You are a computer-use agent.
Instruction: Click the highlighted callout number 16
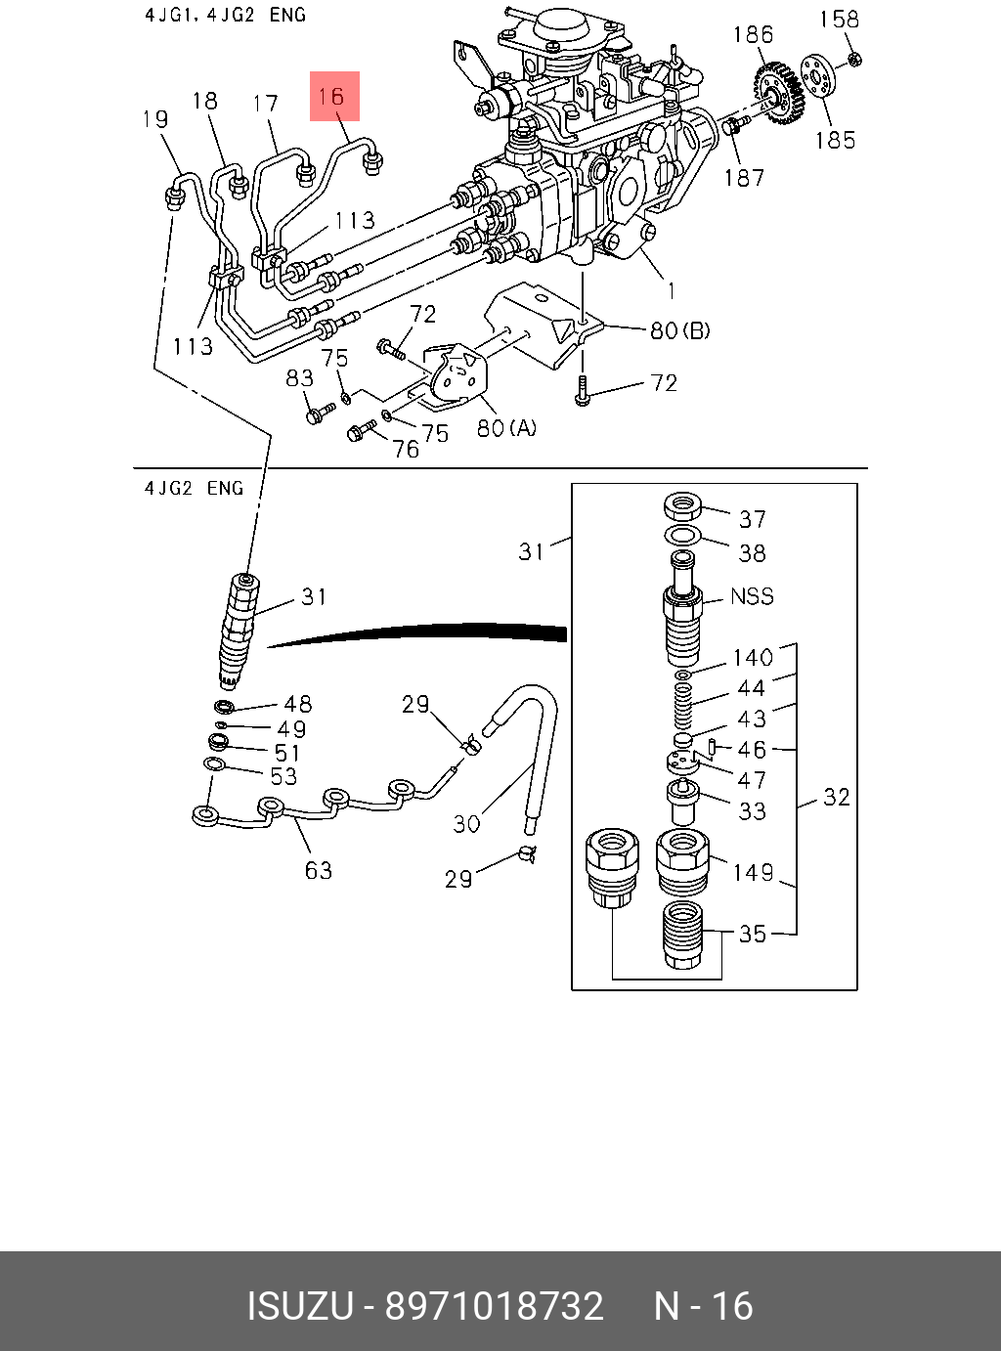pos(333,96)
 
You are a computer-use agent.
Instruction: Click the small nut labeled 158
pos(853,60)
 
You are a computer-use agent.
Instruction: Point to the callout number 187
pos(744,177)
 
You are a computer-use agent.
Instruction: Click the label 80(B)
pos(680,330)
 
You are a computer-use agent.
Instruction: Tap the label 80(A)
pos(506,428)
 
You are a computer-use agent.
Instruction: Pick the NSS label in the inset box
pos(752,595)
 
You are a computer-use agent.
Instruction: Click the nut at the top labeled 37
pos(684,506)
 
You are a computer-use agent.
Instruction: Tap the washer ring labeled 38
pos(683,535)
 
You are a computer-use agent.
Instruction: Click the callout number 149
pos(754,871)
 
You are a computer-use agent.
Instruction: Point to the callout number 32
pos(836,797)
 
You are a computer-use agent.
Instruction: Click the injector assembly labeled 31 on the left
pos(239,626)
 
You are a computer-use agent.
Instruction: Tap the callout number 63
pos(319,869)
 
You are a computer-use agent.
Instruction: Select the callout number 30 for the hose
pos(466,823)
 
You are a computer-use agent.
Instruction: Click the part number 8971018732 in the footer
pos(495,1306)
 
